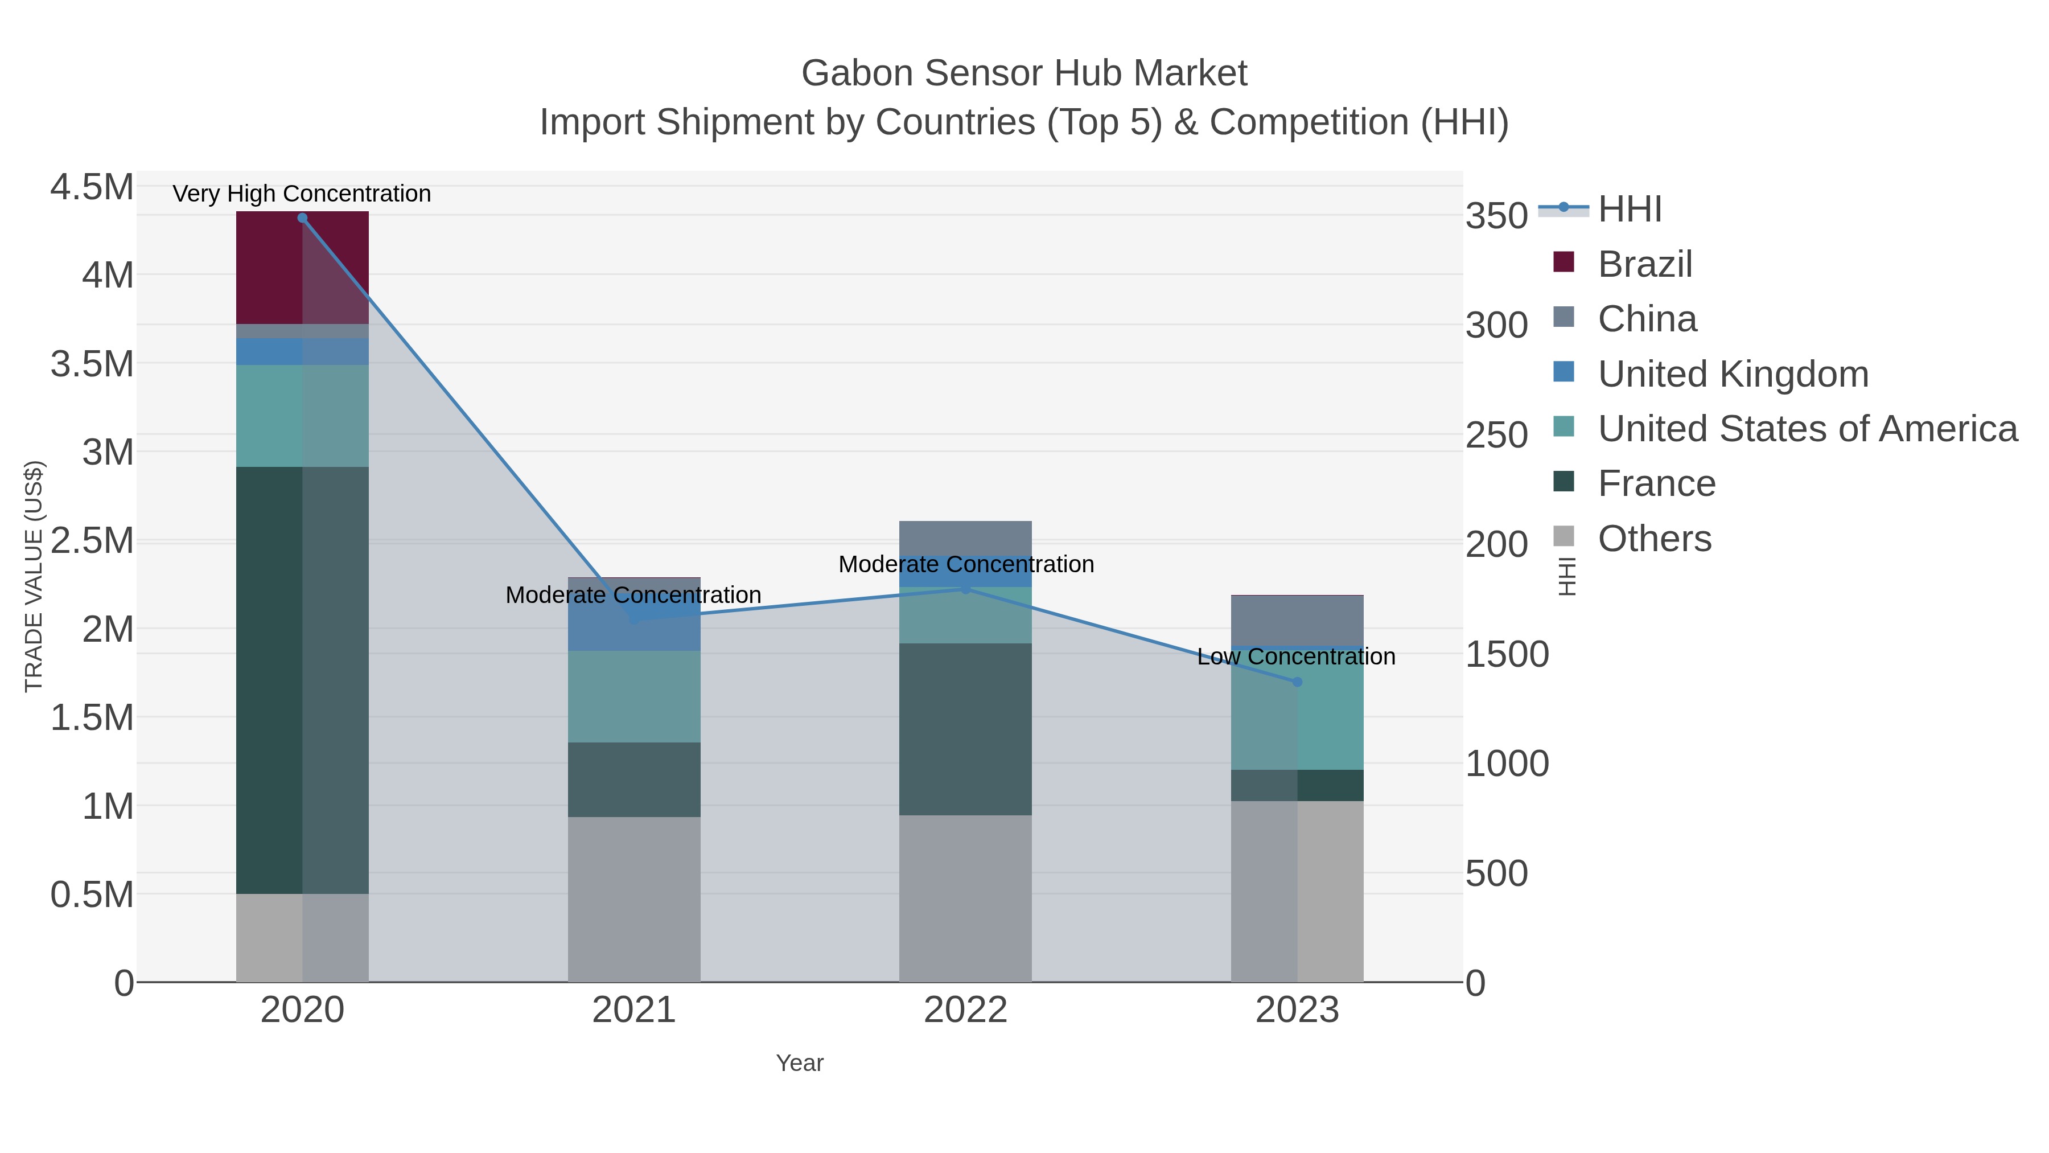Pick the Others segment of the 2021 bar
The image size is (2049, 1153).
point(634,899)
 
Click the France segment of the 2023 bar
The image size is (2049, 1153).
point(1297,785)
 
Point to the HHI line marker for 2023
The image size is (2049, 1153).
point(1297,682)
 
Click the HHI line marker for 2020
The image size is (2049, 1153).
point(302,218)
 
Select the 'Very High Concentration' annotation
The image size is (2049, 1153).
point(302,194)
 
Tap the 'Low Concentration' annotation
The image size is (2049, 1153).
point(1296,656)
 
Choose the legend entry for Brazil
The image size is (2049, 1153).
point(1644,264)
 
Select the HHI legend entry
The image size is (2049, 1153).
point(1629,210)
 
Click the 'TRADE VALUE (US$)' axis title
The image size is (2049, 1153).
point(34,576)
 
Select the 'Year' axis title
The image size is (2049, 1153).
point(800,1063)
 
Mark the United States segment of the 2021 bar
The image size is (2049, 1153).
point(634,696)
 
